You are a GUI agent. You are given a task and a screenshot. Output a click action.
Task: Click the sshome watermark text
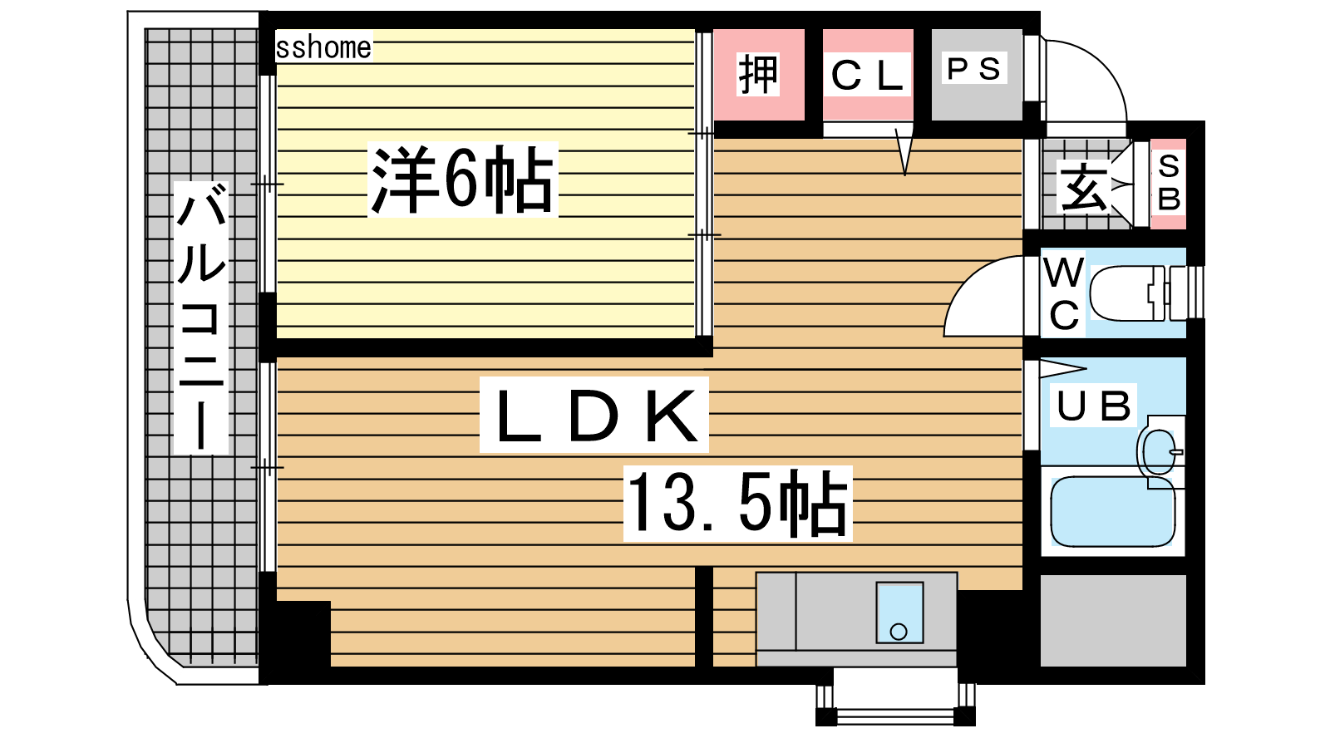[323, 47]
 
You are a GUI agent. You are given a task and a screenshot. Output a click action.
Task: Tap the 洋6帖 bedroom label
[462, 180]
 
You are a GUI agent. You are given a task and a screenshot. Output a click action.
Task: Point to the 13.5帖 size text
[736, 503]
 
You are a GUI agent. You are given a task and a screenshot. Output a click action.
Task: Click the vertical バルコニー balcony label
[201, 317]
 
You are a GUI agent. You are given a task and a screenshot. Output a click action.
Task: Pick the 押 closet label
[758, 74]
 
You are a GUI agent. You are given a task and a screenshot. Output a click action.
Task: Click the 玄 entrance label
[1085, 186]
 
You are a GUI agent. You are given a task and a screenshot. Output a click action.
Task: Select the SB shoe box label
[1169, 183]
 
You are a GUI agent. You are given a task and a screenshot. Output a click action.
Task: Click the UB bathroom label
[1093, 406]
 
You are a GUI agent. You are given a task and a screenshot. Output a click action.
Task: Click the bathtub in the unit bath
[1113, 511]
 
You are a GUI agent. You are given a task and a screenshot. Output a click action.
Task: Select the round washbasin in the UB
[1159, 452]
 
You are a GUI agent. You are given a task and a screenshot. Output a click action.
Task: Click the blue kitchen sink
[899, 613]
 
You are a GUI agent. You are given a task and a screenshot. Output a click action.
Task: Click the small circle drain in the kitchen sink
[899, 632]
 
